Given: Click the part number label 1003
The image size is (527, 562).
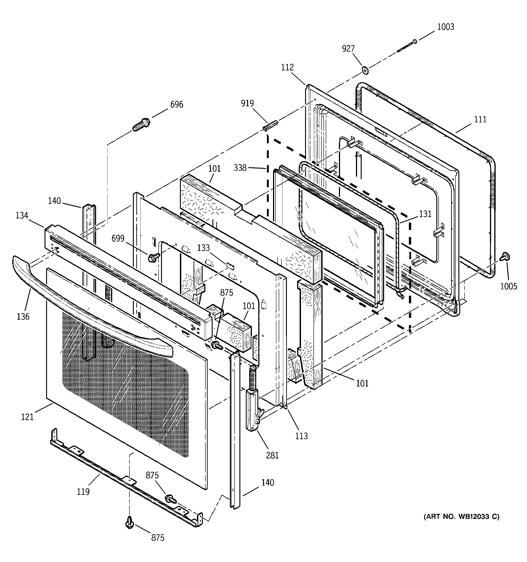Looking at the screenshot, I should (445, 27).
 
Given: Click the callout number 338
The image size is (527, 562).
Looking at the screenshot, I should (240, 168).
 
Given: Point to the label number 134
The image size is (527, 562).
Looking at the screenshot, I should (22, 216).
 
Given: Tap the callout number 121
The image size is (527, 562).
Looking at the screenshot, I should (27, 417).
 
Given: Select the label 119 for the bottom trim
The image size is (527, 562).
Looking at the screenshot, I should (83, 492).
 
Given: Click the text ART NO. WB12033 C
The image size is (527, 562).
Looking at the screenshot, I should (461, 517).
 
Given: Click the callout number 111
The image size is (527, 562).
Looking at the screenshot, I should (480, 120).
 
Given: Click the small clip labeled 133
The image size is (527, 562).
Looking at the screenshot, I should (230, 266).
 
